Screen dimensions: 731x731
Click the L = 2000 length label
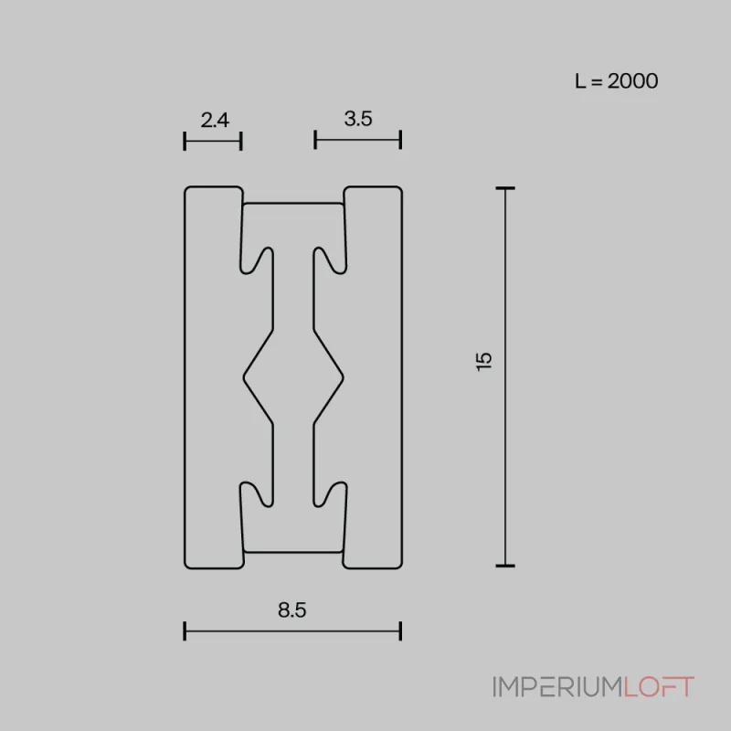[616, 80]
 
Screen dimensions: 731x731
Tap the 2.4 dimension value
[214, 119]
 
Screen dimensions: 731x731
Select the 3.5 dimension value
[358, 119]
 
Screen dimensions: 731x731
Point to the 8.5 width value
[291, 611]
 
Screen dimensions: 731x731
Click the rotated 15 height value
[484, 360]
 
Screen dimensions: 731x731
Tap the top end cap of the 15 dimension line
[505, 188]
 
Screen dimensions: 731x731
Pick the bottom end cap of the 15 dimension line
[505, 566]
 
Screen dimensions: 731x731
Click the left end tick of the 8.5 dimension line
[185, 630]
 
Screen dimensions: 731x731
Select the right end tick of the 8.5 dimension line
[401, 630]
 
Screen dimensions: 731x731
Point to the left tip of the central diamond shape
[244, 375]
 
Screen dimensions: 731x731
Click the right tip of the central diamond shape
[343, 375]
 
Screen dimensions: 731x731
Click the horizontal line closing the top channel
[293, 203]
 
